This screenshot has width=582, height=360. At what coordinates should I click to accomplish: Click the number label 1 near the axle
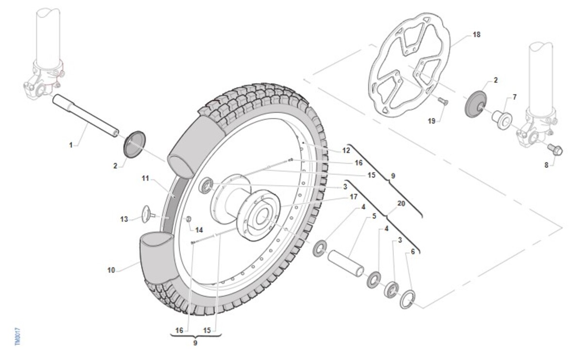click(71, 144)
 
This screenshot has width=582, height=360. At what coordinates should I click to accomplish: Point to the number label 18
click(476, 35)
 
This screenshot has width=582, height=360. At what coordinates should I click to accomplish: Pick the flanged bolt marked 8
click(555, 149)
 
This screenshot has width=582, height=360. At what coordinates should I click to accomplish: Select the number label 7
click(515, 97)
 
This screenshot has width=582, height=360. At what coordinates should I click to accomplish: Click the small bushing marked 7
click(501, 118)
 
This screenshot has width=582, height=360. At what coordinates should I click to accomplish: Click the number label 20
click(401, 204)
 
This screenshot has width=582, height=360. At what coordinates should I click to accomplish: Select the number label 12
click(346, 150)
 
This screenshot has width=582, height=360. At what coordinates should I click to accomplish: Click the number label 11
click(145, 178)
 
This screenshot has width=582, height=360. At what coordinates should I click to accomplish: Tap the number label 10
click(112, 270)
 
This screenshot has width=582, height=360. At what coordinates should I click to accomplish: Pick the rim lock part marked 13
click(146, 213)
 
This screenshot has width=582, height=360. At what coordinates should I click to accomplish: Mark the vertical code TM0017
click(17, 335)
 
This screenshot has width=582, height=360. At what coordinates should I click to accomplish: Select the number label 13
click(124, 219)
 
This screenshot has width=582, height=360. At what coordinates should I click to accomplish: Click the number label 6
click(413, 252)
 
